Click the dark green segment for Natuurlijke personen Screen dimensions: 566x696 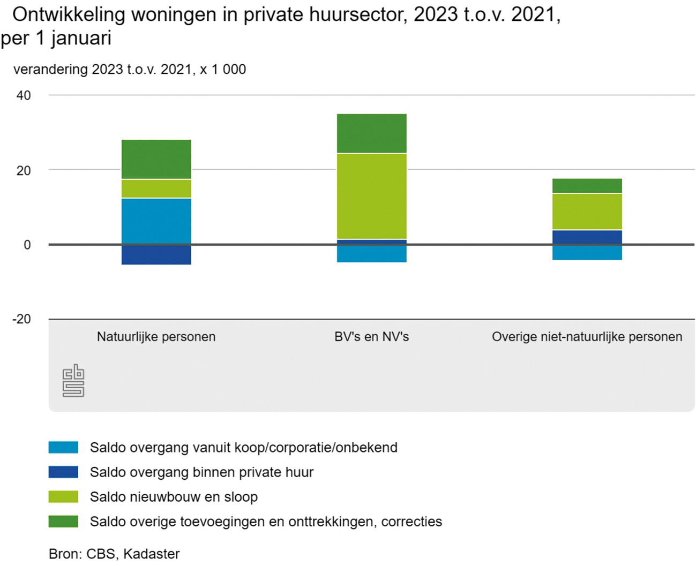156,159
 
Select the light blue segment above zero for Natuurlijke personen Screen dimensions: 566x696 156,221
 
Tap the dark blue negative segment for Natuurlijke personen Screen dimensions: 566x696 156,255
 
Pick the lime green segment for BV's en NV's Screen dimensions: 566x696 371,196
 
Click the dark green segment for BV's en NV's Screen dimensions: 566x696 371,133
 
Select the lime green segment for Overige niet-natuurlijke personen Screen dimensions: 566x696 587,212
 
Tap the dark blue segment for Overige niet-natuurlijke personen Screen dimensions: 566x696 587,237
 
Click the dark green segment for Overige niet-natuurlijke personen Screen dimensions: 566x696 587,185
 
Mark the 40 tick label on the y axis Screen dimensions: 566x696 24,95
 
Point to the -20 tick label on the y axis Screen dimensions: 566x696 21,319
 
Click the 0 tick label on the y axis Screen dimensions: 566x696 27,245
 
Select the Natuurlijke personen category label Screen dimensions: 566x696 156,337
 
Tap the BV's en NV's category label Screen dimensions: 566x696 371,337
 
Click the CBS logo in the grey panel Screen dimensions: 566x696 73,381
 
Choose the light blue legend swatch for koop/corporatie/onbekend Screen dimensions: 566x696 63,447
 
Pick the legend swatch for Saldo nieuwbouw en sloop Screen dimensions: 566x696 63,496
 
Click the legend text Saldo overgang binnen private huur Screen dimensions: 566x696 201,472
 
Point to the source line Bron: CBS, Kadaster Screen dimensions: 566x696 114,554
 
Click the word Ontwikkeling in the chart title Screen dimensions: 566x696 69,15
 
